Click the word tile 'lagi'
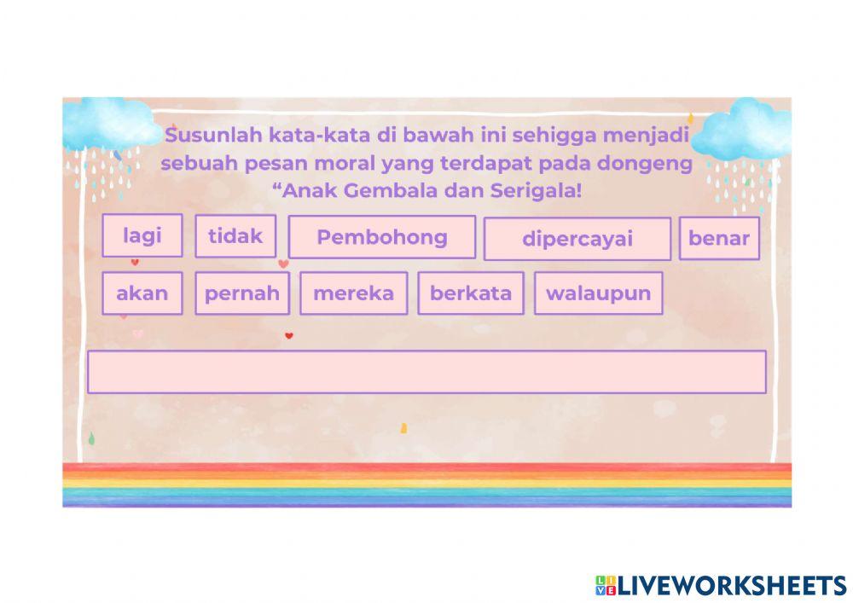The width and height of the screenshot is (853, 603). (x=142, y=235)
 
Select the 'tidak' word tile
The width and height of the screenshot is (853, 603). (x=235, y=235)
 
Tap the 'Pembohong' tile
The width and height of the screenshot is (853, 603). (x=381, y=237)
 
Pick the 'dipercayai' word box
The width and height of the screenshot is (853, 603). (x=577, y=239)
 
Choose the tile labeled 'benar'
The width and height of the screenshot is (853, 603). (x=718, y=239)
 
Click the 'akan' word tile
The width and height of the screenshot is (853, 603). (x=142, y=293)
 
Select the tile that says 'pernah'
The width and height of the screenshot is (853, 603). (x=241, y=293)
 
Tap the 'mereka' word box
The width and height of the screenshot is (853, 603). (x=353, y=293)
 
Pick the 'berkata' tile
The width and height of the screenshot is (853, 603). (x=470, y=293)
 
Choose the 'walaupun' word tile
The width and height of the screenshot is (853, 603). (x=598, y=293)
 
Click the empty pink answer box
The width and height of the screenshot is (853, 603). (x=426, y=372)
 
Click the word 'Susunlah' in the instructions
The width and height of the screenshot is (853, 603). (x=214, y=136)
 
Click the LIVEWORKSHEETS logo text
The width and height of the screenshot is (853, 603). (x=732, y=585)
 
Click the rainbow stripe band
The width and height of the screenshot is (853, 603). (x=426, y=484)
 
